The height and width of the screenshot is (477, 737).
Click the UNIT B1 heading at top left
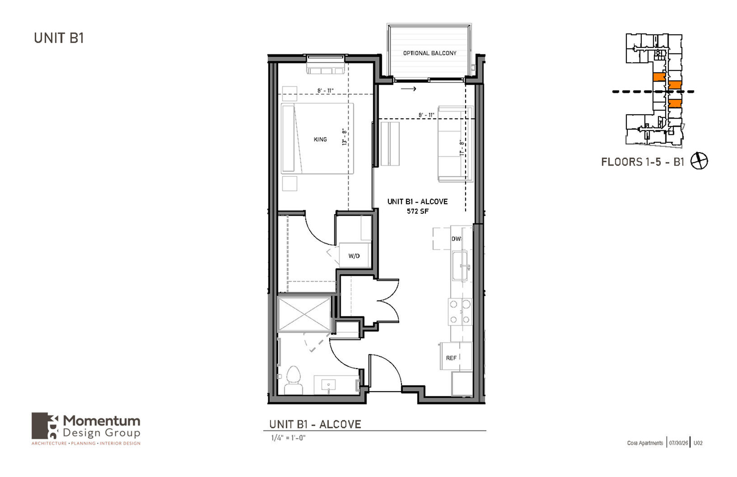point(59,38)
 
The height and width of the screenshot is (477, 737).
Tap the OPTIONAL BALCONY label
point(430,53)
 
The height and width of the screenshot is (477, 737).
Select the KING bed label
point(320,139)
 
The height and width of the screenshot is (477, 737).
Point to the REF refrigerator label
point(451,358)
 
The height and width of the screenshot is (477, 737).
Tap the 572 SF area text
point(418,211)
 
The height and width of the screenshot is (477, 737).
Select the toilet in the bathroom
point(294,380)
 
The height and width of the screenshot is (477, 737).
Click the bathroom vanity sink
point(328,385)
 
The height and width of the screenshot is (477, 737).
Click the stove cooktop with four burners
point(460,311)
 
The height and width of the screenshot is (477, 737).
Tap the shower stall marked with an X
point(304,314)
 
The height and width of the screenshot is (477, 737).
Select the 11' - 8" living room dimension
point(462,148)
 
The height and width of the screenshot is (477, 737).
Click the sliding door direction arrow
point(408,89)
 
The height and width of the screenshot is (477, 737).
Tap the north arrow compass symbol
point(699,161)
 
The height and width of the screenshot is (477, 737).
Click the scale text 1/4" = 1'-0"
point(288,438)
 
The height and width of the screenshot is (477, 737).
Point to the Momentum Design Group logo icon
point(45,426)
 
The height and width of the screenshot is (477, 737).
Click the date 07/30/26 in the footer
point(678,443)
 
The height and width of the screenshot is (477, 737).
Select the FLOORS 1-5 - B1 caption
point(643,162)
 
